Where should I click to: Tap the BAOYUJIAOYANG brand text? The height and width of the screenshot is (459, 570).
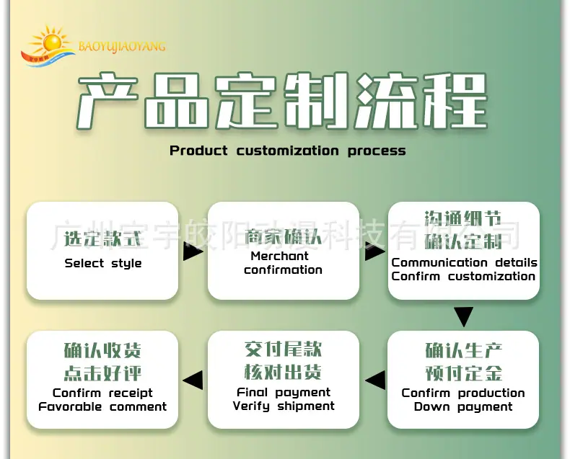coord(122,47)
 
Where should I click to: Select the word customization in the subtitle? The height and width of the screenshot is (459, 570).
coord(287,151)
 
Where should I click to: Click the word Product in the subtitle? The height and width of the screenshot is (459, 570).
coord(198,151)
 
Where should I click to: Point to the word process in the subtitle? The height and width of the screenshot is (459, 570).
coord(377,151)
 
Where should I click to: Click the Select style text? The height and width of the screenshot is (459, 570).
coord(103,263)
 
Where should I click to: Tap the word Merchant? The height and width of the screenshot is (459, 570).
coord(279,256)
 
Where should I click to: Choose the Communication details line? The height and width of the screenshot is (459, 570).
coord(464,262)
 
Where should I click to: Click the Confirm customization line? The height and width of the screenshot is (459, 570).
coord(463,276)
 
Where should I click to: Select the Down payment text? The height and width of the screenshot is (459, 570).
coord(463,406)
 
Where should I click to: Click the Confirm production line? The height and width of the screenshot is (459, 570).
coord(463,393)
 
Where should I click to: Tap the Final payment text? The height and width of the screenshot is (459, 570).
coord(284,392)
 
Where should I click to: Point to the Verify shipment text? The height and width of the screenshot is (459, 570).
coord(284,406)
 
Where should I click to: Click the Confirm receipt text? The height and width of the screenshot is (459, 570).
coord(102,393)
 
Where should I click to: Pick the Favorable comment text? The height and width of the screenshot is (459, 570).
coord(102,406)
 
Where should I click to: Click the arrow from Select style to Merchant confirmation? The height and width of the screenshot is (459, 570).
coord(193,251)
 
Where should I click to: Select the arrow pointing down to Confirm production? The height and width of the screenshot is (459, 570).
coord(463,316)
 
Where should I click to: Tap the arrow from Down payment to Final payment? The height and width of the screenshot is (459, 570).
coord(375,380)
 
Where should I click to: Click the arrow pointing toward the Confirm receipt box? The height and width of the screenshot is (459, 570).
coord(193,380)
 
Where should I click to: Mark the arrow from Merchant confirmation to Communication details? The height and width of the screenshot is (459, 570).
coord(374,251)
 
